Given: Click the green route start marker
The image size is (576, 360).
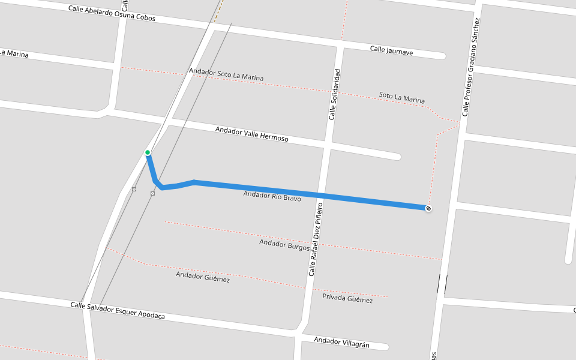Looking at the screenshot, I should pos(148,152).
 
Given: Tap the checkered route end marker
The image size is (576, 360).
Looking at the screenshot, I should pos(428,208).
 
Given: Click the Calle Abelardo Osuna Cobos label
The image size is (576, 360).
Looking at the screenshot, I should pos(112,13).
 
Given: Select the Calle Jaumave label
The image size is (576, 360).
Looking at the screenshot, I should pos(391,51).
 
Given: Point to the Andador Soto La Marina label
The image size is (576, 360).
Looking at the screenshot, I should pos(226,74).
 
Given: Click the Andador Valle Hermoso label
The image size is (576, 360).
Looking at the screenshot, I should pos(251,134).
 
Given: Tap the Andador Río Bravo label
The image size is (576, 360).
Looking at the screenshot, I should pos(272,196).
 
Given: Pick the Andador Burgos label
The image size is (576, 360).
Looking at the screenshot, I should pos(284,244).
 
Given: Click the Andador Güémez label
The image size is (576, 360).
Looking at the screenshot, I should pos(202,277).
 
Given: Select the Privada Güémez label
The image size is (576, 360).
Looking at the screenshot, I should pos(347,299).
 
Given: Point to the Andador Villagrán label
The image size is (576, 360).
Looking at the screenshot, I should pos(342,343).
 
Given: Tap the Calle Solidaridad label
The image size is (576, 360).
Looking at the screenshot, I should pos(335,94).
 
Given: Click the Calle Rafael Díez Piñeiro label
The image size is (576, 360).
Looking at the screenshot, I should pos(316,239).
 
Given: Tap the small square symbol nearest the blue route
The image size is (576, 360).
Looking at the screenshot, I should pos(152,193).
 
